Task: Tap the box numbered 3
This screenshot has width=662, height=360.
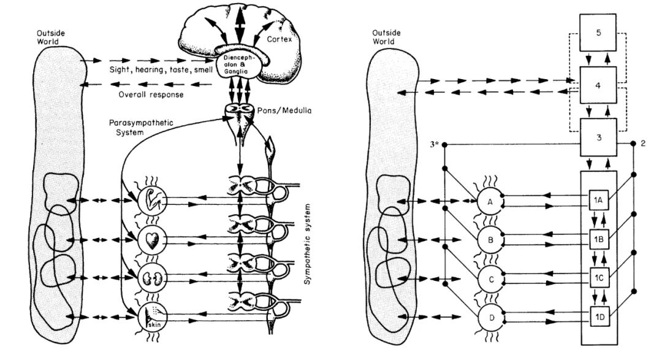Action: point(599,137)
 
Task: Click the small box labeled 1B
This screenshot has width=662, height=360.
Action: point(599,238)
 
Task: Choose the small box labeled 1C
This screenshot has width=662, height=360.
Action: point(599,277)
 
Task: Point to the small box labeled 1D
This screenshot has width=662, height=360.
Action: point(599,316)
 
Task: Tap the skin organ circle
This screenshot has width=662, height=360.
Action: point(150,317)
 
